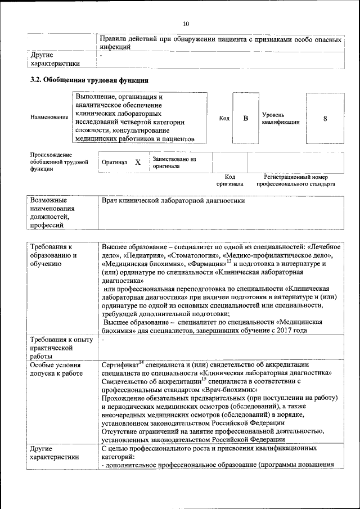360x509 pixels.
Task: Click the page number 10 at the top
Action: (x=186, y=23)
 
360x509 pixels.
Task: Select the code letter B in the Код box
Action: (x=245, y=118)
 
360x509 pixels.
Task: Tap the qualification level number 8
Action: (x=325, y=118)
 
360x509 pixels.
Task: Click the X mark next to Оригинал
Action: (x=137, y=162)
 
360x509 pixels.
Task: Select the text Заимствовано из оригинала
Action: (x=174, y=163)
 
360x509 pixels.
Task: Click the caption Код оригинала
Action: (x=229, y=180)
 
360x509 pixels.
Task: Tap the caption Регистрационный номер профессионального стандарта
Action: (x=295, y=180)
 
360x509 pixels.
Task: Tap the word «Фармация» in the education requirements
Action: (x=205, y=263)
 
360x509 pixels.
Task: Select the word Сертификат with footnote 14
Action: (x=120, y=364)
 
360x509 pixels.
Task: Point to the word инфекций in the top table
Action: (x=115, y=47)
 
